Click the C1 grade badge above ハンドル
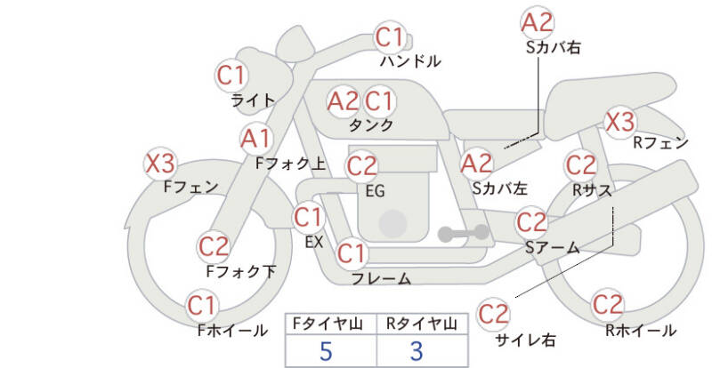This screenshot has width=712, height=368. (390, 38)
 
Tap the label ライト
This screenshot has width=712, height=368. (253, 100)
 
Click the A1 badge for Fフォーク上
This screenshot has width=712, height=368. (257, 139)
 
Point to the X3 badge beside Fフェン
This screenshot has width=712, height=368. (160, 164)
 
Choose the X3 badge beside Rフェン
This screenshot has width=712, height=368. (619, 122)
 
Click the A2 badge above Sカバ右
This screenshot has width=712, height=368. (537, 21)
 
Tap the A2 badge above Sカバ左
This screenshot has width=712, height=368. (477, 163)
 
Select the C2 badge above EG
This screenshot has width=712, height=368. (362, 165)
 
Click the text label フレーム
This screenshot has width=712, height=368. (381, 279)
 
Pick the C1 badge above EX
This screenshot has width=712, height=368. (308, 216)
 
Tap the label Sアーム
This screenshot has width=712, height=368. (552, 248)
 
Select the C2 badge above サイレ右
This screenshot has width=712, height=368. (493, 313)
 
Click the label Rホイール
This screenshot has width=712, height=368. (640, 331)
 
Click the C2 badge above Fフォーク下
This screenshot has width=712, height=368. (214, 245)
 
